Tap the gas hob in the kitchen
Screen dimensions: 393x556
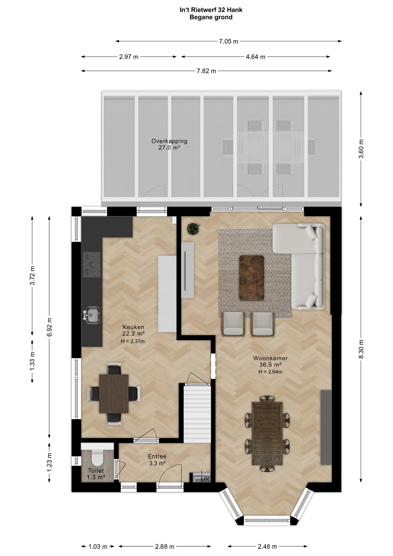coord(92,264)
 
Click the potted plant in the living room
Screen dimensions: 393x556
coord(193,229)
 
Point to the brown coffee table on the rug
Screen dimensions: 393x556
coord(251,278)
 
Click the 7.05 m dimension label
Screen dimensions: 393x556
coord(229,41)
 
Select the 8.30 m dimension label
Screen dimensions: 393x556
coord(361,349)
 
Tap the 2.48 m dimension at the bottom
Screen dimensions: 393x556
coord(267,546)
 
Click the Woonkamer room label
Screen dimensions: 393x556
coord(270,358)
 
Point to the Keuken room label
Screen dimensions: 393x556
coord(133,327)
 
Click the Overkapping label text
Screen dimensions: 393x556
coord(169,141)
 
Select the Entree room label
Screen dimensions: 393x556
coord(157,456)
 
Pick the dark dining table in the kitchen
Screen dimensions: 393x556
coord(114,394)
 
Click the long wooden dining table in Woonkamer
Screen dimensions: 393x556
coord(267,433)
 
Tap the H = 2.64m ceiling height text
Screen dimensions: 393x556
coord(270,372)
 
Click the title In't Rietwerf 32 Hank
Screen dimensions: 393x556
coord(211,10)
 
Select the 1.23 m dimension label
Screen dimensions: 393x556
coord(49,462)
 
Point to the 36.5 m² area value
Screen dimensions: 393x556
coord(270,365)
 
